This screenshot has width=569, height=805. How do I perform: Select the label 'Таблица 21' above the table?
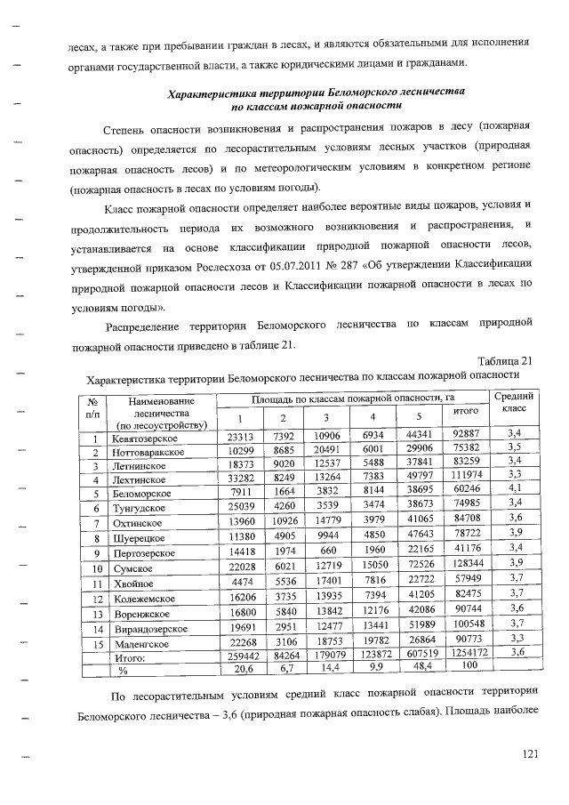[504, 360]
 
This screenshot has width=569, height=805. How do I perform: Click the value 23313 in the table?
[240, 437]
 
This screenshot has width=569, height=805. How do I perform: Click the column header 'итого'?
[460, 414]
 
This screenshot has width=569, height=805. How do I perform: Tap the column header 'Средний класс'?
[514, 402]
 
